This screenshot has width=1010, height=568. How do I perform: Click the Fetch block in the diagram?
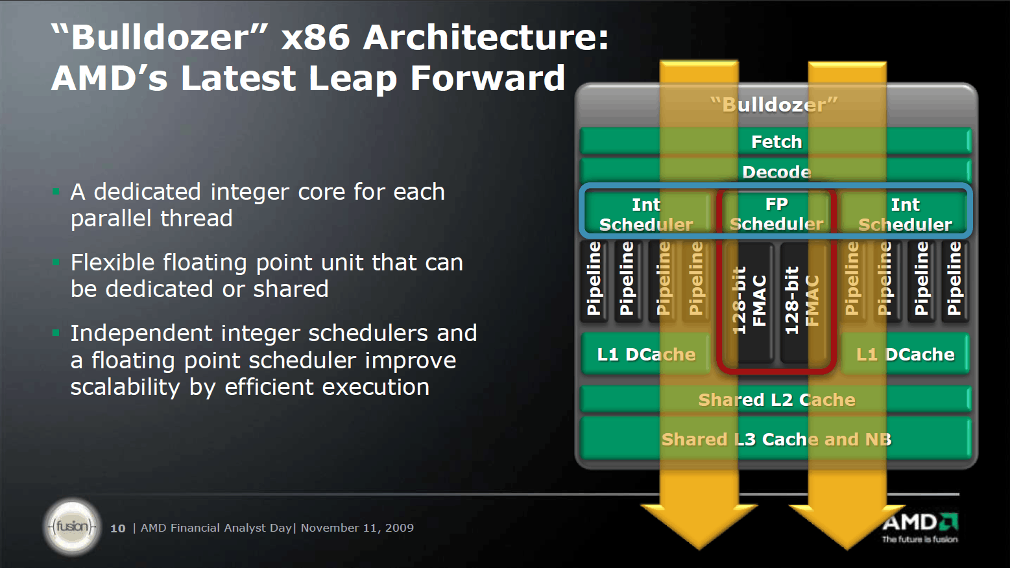tap(776, 141)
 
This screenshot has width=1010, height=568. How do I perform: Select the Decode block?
tap(776, 172)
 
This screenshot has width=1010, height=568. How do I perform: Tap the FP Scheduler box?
tap(776, 214)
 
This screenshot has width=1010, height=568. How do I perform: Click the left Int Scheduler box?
tap(646, 214)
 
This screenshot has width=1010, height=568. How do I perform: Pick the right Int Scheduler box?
tap(905, 214)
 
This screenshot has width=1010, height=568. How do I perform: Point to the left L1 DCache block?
tap(646, 354)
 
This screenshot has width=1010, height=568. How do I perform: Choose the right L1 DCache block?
tap(905, 354)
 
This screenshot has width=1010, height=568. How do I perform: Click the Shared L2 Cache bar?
tap(776, 399)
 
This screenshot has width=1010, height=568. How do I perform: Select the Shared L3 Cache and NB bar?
tap(776, 439)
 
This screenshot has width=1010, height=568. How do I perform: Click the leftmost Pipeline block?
tap(594, 279)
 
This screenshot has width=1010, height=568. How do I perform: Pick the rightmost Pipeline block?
tap(954, 279)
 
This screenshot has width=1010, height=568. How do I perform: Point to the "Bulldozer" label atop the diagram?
tap(775, 104)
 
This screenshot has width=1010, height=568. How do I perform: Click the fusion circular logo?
tap(72, 527)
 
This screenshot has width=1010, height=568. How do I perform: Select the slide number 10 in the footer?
tap(117, 528)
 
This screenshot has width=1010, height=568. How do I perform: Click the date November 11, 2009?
tap(357, 528)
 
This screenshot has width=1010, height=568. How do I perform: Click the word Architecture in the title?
tap(486, 37)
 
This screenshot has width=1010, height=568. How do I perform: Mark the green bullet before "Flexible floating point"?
tap(56, 263)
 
